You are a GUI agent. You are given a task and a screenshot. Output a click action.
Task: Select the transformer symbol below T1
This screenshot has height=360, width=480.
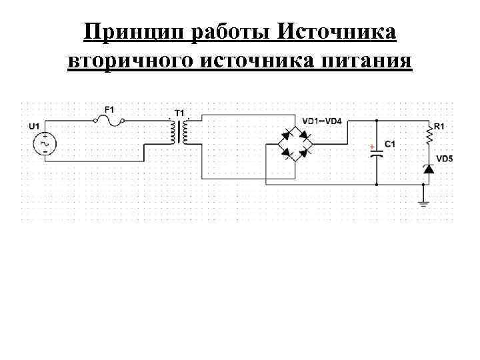[x=179, y=133]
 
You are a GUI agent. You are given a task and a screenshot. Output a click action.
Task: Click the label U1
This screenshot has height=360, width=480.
[x=33, y=125]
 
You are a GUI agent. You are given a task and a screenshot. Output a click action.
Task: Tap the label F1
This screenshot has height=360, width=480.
[x=109, y=109]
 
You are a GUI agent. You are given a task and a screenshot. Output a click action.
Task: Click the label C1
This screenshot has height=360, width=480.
[x=390, y=144]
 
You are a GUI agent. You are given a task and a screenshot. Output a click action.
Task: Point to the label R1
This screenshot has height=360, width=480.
[x=439, y=125]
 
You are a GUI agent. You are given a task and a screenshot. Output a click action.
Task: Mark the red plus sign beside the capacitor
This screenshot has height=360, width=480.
[x=371, y=145]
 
